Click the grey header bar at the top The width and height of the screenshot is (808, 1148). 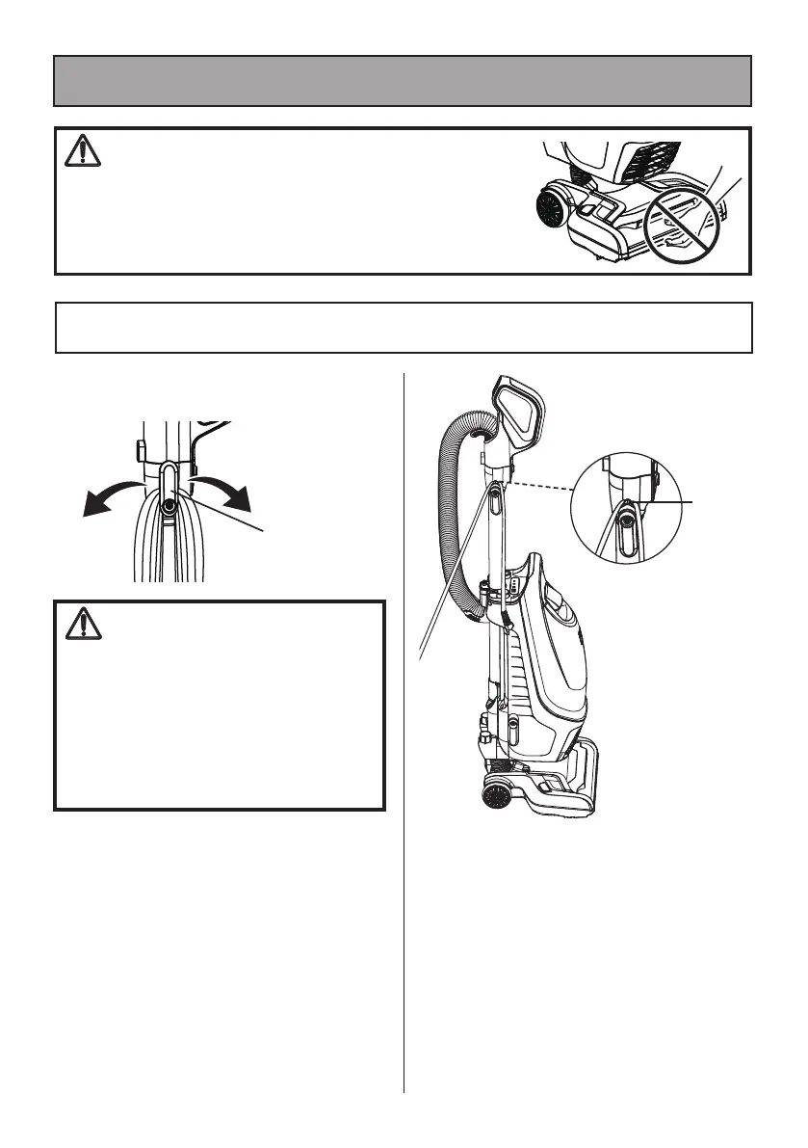click(x=403, y=80)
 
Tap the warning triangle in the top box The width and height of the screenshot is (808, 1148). click(x=81, y=151)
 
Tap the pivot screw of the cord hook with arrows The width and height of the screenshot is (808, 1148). click(x=169, y=503)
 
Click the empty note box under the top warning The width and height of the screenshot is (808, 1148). click(x=403, y=328)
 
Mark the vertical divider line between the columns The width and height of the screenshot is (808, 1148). click(x=404, y=733)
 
